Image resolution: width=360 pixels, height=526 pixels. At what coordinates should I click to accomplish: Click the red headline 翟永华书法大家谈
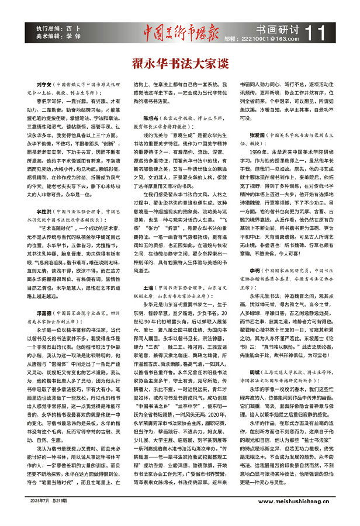(x=179, y=60)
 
